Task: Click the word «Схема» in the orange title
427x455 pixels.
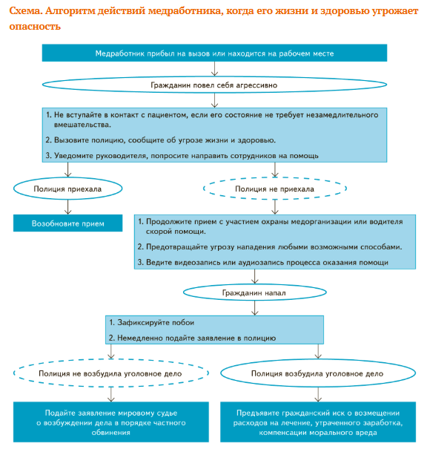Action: pos(24,11)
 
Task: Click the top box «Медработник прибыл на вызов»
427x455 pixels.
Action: pos(214,53)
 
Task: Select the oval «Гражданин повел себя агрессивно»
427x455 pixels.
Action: pos(214,85)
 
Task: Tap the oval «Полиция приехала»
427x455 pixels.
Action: pos(68,189)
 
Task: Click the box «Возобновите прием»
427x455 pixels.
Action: pos(68,223)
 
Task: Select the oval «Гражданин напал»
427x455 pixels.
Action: pos(255,292)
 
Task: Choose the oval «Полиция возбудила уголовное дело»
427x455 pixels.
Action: pos(318,373)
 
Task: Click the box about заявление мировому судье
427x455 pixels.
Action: pos(111,422)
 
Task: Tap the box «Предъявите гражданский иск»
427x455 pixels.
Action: pos(318,422)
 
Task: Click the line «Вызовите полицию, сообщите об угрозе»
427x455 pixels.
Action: pos(161,140)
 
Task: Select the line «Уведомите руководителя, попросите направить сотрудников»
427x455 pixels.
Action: pos(182,156)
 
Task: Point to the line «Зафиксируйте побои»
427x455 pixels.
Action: pos(152,322)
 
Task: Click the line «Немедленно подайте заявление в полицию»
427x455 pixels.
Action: pos(192,338)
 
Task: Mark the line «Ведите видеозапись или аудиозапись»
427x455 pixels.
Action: pos(263,262)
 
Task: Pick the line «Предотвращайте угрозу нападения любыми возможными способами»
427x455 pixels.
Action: pos(270,247)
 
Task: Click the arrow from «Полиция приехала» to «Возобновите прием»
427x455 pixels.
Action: pos(68,207)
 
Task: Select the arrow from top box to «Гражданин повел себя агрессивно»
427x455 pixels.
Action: pos(214,69)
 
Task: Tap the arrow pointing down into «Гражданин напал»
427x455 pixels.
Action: pos(255,276)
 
